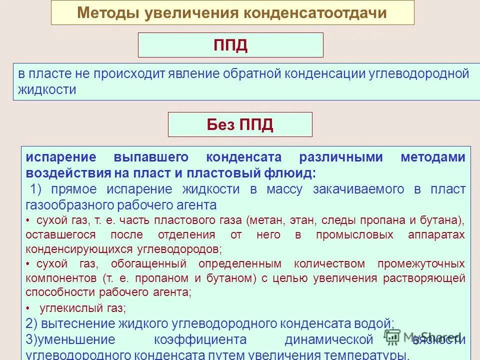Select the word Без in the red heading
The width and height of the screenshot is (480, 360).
(x=220, y=124)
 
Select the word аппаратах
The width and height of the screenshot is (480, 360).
(x=441, y=234)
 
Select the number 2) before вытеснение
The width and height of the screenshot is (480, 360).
(x=32, y=323)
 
